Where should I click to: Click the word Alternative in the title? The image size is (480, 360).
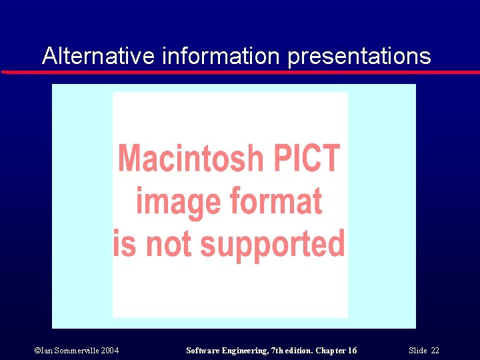point(99,56)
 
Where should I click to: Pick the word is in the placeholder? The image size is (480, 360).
point(125,243)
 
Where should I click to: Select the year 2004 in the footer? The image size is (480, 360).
point(111,351)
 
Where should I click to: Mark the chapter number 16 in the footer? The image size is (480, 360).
point(352,351)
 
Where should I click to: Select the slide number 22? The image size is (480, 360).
point(435,351)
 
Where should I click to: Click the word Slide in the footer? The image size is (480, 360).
point(417,351)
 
